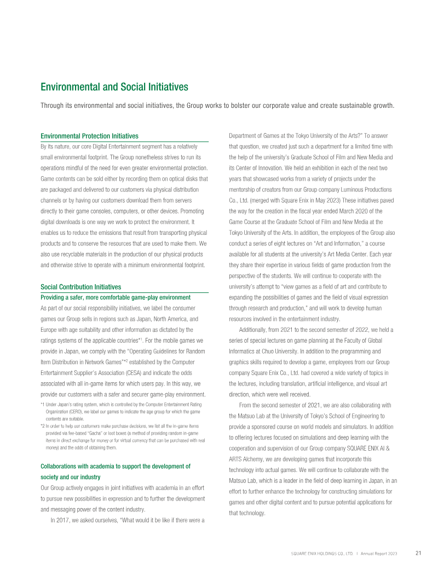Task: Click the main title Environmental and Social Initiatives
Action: click(x=114, y=87)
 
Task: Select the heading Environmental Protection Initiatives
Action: click(x=89, y=136)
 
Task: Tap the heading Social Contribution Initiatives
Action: click(x=80, y=287)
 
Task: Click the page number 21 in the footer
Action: click(x=418, y=553)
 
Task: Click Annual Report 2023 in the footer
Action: click(x=379, y=554)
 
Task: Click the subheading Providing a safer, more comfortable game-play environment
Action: click(x=116, y=297)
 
